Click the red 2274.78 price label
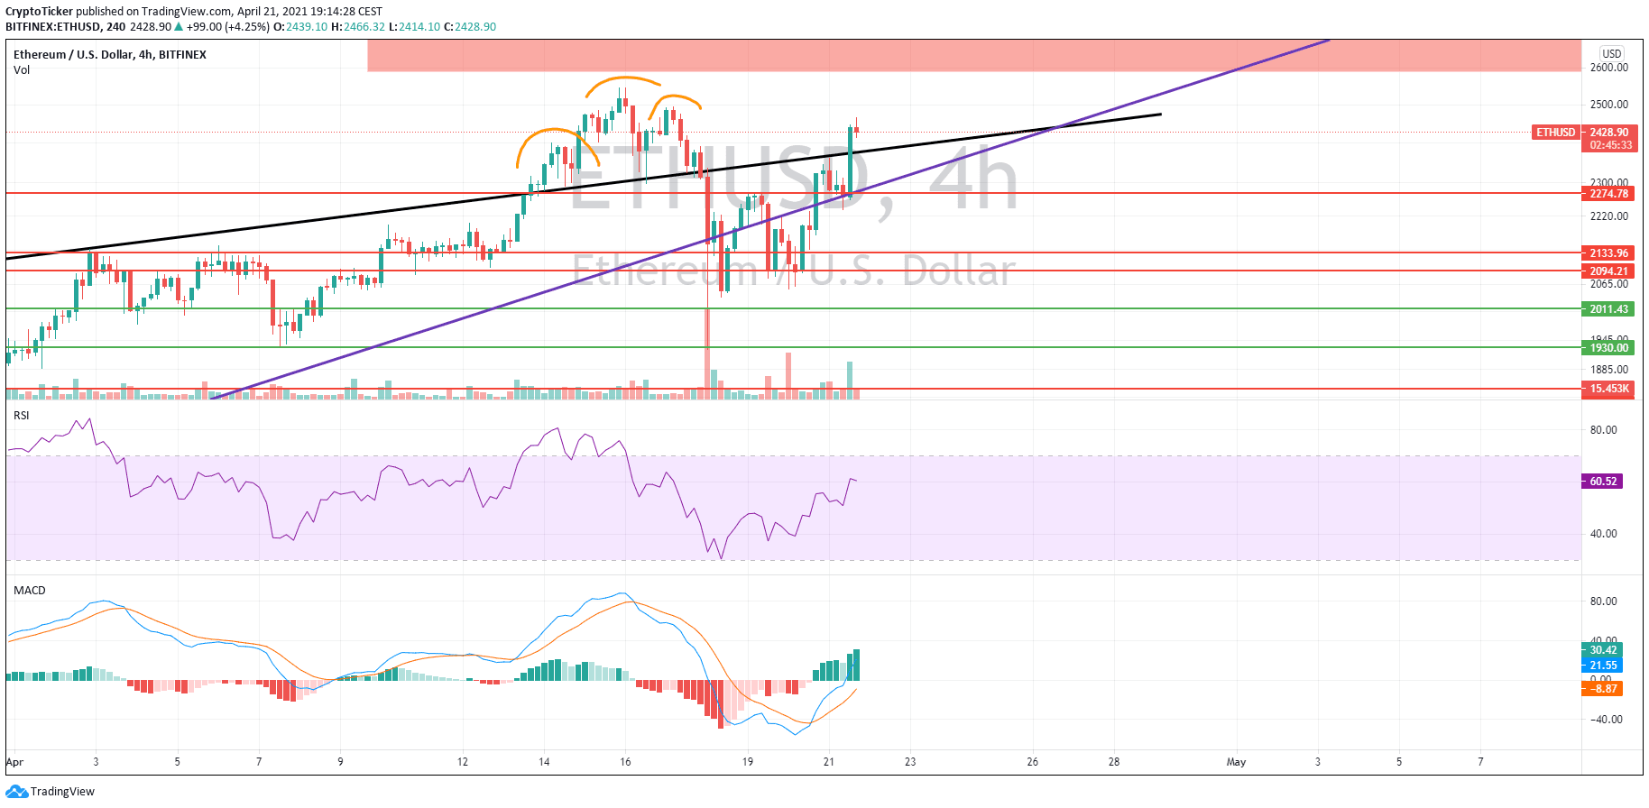[x=1608, y=194]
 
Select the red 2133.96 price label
[x=1608, y=253]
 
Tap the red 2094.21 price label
[x=1608, y=271]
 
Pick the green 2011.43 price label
[x=1608, y=309]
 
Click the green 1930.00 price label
[x=1608, y=348]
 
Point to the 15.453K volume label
[x=1608, y=390]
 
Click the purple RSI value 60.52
[x=1603, y=482]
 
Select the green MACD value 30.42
[x=1603, y=650]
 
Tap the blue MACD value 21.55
[x=1603, y=666]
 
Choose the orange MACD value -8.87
[x=1603, y=689]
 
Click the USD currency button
[x=1611, y=54]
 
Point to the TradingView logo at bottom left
[x=51, y=792]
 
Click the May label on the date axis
[x=1236, y=762]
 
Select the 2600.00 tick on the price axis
[x=1608, y=68]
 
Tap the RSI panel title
[x=22, y=416]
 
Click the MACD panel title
[x=30, y=591]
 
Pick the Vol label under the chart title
[x=22, y=70]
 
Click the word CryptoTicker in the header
[x=39, y=12]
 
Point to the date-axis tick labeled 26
[x=1032, y=762]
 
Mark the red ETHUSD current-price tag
[x=1556, y=133]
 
